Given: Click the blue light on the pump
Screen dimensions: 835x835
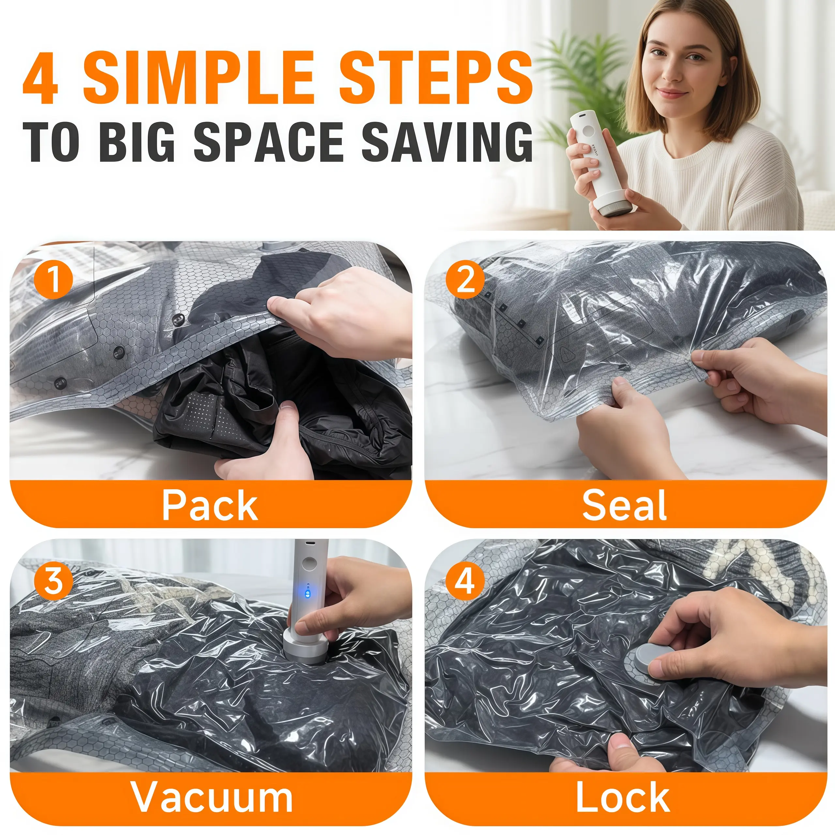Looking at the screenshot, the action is [x=308, y=592].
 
